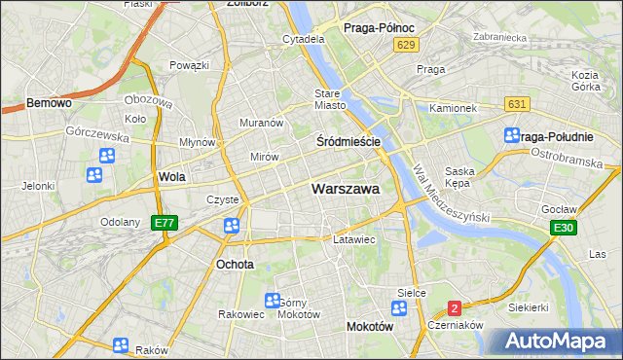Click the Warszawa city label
click(346, 189)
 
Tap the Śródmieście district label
click(348, 141)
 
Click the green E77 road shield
click(165, 223)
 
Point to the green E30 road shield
click(561, 228)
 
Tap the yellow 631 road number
click(517, 104)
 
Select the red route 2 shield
click(455, 308)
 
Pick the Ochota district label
click(235, 264)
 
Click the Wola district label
click(171, 178)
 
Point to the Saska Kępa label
click(458, 176)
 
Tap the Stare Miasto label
click(330, 99)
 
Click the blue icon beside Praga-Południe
click(512, 136)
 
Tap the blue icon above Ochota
click(232, 227)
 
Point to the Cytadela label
click(303, 39)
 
